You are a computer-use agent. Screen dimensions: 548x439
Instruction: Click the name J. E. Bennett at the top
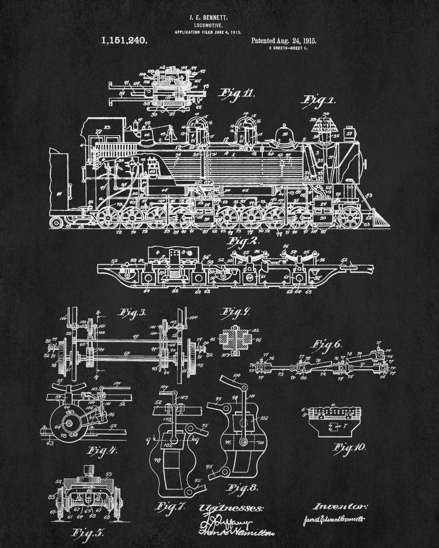219,18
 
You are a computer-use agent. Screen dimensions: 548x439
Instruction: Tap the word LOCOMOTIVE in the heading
219,25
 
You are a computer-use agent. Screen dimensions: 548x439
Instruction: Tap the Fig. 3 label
130,313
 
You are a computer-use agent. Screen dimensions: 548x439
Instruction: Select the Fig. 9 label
235,313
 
